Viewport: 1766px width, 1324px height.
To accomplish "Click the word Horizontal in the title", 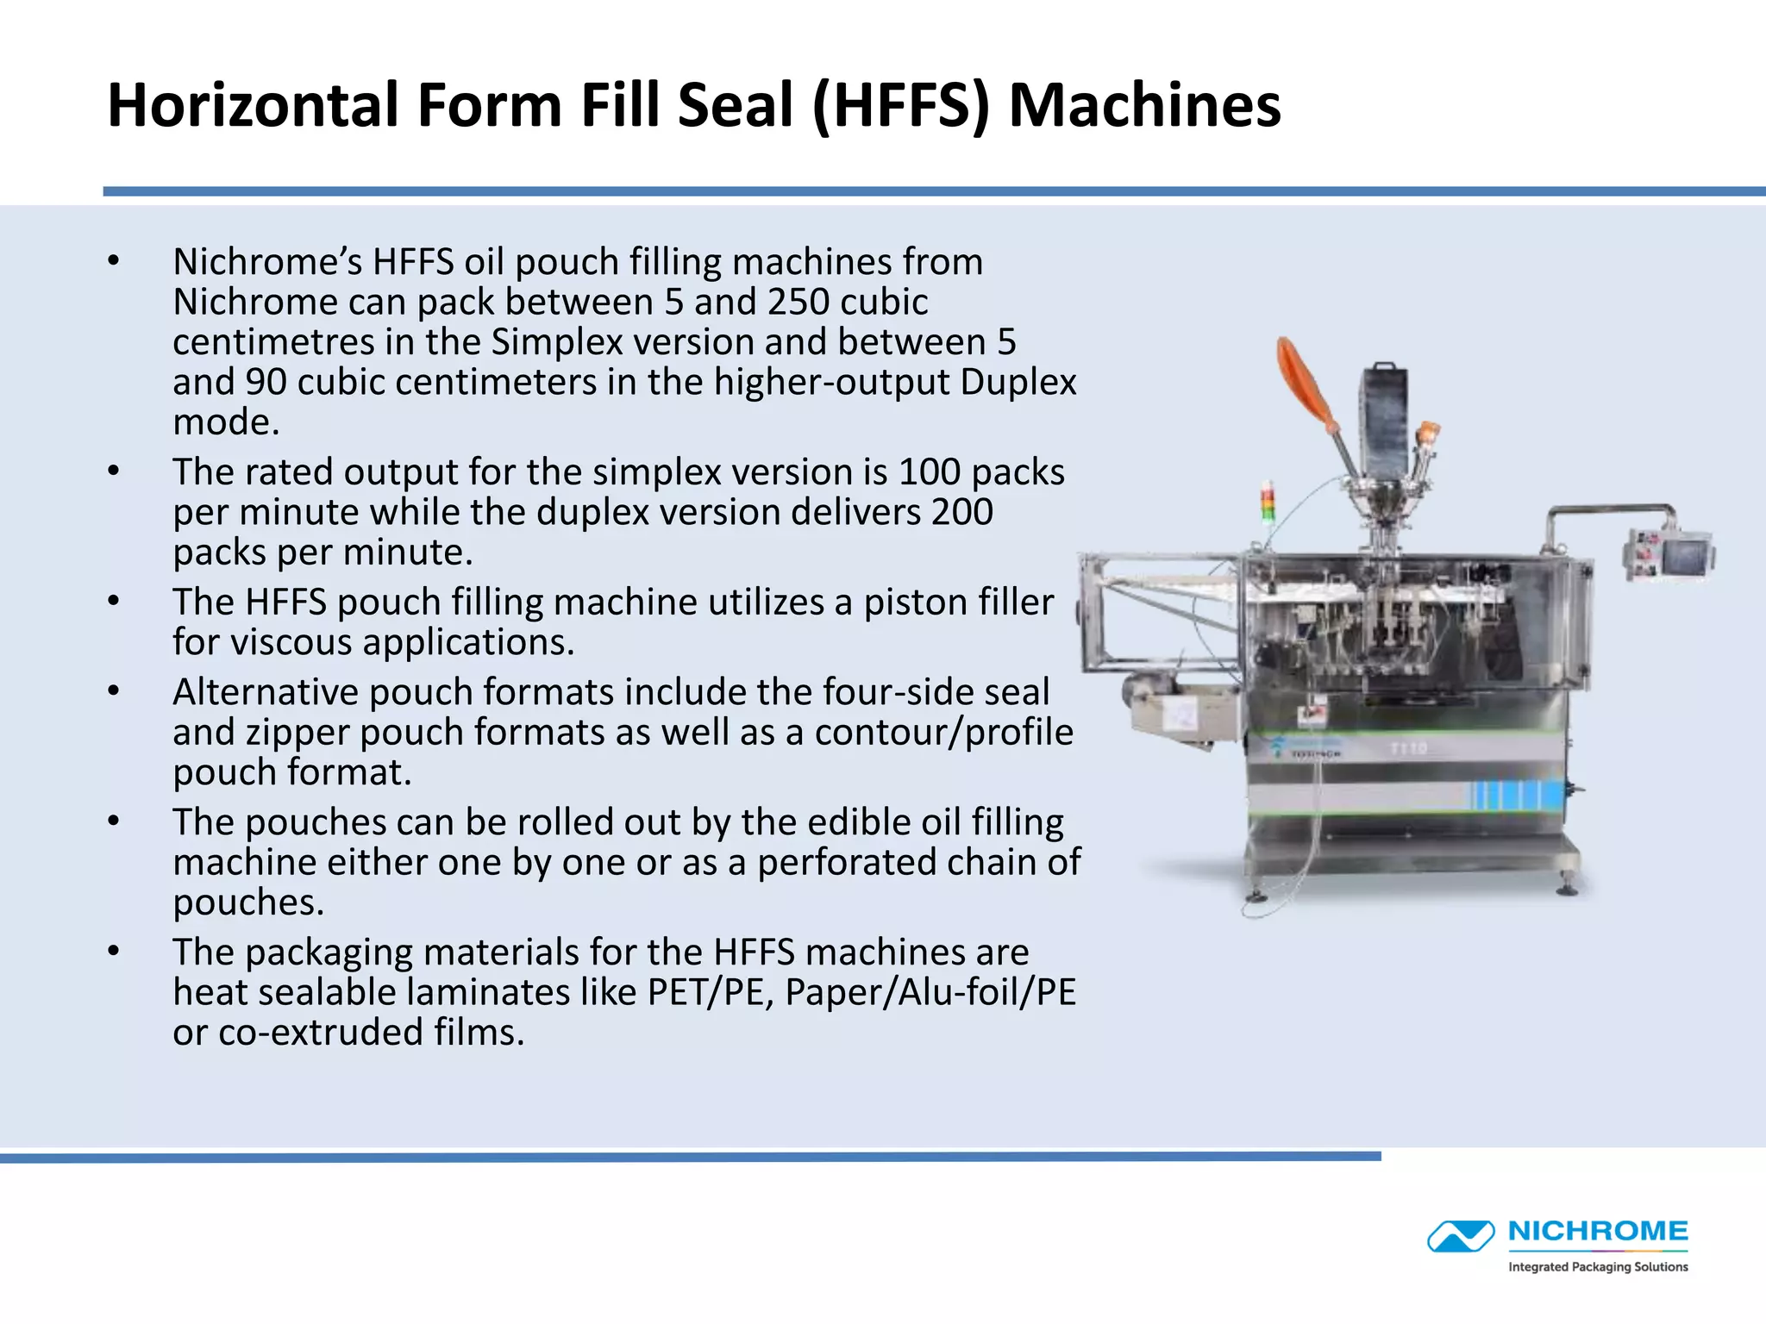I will click(254, 105).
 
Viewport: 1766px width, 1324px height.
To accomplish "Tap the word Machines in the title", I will click(1144, 105).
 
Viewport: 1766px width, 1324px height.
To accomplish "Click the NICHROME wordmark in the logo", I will click(1597, 1231).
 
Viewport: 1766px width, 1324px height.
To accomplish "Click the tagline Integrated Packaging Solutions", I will click(1597, 1267).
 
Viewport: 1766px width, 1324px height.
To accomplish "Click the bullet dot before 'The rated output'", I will click(114, 471).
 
